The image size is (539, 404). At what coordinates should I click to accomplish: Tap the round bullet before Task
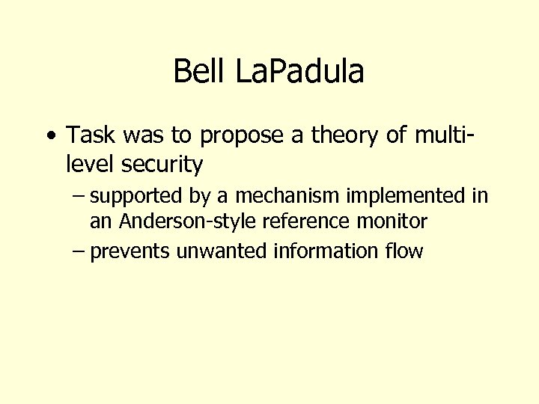click(49, 136)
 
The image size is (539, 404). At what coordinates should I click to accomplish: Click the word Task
click(88, 135)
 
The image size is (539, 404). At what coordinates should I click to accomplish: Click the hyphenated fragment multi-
click(439, 135)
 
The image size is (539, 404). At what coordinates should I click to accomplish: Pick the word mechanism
click(288, 196)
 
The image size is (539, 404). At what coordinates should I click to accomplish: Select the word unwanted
click(222, 251)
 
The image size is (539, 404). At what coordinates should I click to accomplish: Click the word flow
click(405, 251)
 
